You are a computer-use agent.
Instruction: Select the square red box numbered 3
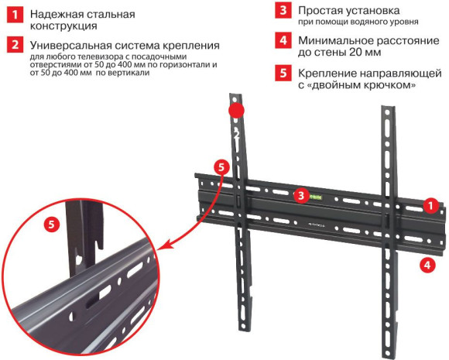click(285, 11)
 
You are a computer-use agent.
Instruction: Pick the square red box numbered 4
click(285, 40)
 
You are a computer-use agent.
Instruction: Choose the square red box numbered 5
click(285, 76)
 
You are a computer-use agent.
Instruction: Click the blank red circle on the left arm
click(235, 110)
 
